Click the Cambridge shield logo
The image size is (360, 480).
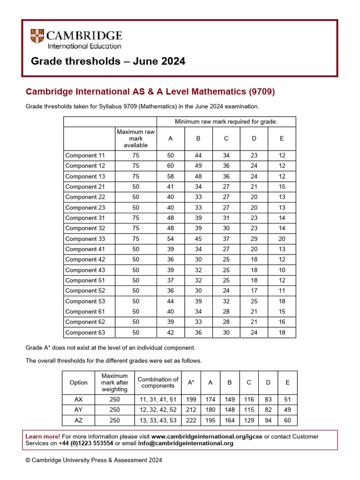pyautogui.click(x=37, y=37)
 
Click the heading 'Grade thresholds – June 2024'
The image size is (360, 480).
pyautogui.click(x=108, y=61)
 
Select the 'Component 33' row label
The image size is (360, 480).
pyautogui.click(x=85, y=239)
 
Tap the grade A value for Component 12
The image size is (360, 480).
pyautogui.click(x=170, y=166)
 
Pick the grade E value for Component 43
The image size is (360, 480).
pyautogui.click(x=282, y=270)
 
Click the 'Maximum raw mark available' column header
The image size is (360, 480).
pyautogui.click(x=135, y=139)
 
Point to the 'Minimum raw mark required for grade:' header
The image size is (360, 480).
pyautogui.click(x=226, y=122)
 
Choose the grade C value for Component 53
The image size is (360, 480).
pyautogui.click(x=226, y=301)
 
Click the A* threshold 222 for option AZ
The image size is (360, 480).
pyautogui.click(x=191, y=420)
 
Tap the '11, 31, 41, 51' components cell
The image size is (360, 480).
pyautogui.click(x=158, y=400)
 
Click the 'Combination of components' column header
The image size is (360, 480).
pyautogui.click(x=158, y=382)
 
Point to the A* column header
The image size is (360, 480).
pyautogui.click(x=191, y=382)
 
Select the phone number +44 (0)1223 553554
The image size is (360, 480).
pyautogui.click(x=86, y=443)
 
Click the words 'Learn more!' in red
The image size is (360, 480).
pyautogui.click(x=43, y=436)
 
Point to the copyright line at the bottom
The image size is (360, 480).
pyautogui.click(x=94, y=460)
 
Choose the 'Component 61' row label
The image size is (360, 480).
pyautogui.click(x=85, y=312)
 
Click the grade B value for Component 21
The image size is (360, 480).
pyautogui.click(x=198, y=187)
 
